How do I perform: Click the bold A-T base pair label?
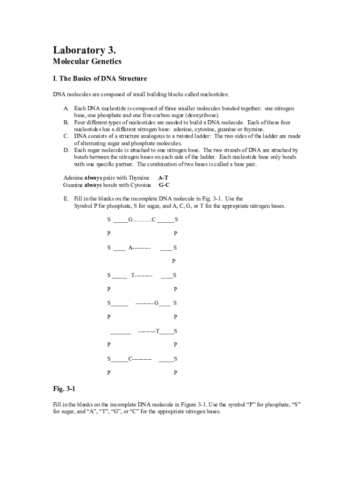tap(164, 178)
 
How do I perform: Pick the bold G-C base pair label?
tap(164, 185)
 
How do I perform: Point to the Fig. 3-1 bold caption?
tap(64, 389)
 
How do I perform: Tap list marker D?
tap(66, 150)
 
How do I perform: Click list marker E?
tap(66, 199)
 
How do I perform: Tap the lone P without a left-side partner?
tap(174, 261)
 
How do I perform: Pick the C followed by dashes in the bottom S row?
tap(130, 359)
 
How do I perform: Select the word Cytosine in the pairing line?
tap(140, 185)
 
